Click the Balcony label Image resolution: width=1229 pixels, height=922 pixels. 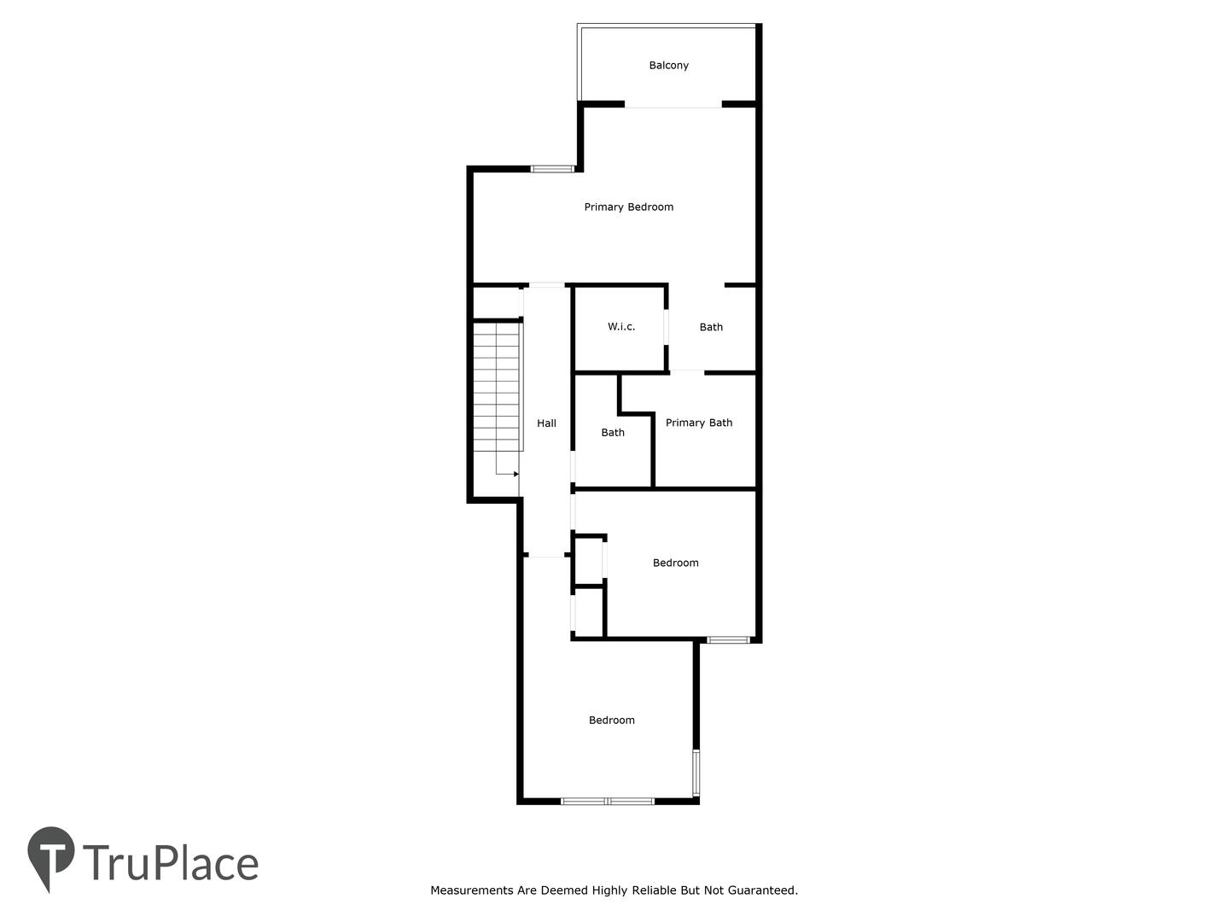[x=668, y=66]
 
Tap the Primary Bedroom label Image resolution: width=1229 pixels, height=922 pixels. [x=629, y=207]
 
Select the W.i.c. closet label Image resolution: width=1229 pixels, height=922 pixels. [x=621, y=326]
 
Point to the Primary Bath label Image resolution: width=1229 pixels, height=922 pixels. [x=699, y=423]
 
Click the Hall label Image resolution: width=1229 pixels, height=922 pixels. [x=546, y=423]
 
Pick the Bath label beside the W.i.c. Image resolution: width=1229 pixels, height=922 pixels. [x=711, y=327]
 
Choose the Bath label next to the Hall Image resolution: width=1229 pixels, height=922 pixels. [x=613, y=432]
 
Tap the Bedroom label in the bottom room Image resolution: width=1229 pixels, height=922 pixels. [x=611, y=720]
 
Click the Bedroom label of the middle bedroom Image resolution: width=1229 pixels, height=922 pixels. [x=675, y=563]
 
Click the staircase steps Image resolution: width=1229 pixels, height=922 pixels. [x=498, y=386]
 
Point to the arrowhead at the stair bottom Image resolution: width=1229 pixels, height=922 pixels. [x=515, y=474]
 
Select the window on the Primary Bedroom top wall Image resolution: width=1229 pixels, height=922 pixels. [x=553, y=168]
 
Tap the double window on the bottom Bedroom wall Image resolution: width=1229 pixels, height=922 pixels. [x=608, y=801]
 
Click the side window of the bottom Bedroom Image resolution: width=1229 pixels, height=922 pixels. [x=696, y=773]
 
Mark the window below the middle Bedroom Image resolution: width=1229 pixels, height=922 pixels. [x=728, y=639]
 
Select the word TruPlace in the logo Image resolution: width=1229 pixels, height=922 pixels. [x=171, y=862]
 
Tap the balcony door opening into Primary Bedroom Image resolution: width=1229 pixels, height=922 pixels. [x=673, y=105]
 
